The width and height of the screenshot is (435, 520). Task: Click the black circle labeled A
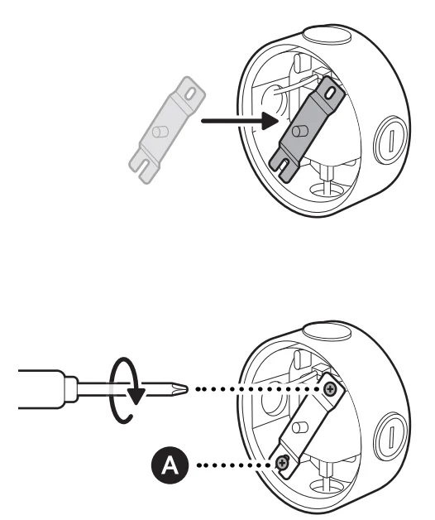170,465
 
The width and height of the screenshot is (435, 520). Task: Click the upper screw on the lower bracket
330,388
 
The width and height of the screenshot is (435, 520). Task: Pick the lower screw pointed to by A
282,462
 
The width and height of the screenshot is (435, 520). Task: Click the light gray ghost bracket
167,130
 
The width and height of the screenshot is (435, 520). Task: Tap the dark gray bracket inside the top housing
307,129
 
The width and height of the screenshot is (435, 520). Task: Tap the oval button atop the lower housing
327,332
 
